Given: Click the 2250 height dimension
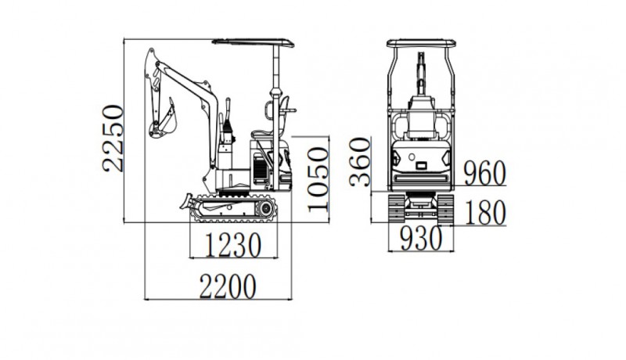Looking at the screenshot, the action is point(113,138).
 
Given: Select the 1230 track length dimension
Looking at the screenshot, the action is point(233,245).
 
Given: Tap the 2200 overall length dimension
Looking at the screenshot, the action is point(228,286).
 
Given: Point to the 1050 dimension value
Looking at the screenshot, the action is point(318,178).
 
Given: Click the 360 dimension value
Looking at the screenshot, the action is point(360,162).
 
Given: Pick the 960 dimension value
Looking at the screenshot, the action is point(484,174).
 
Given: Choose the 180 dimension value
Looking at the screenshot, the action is point(485,212).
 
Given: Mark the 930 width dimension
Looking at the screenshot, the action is point(421,238).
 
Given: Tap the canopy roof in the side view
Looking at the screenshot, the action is point(253,42).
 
